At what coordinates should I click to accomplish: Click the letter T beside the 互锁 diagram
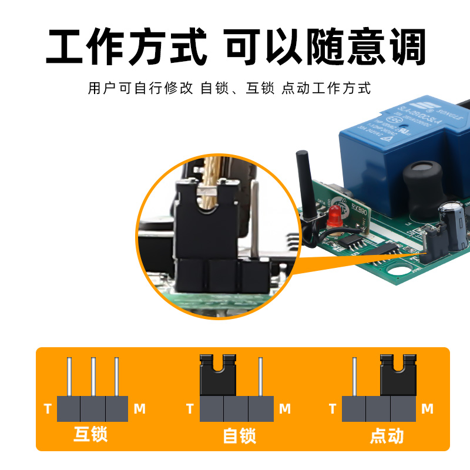pyautogui.click(x=48, y=409)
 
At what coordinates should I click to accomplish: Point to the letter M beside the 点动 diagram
pyautogui.click(x=428, y=409)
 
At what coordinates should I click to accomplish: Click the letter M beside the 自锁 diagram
pyautogui.click(x=285, y=409)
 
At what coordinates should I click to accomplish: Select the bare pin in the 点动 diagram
pyautogui.click(x=354, y=377)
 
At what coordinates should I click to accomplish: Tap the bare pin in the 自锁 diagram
pyautogui.click(x=261, y=377)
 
